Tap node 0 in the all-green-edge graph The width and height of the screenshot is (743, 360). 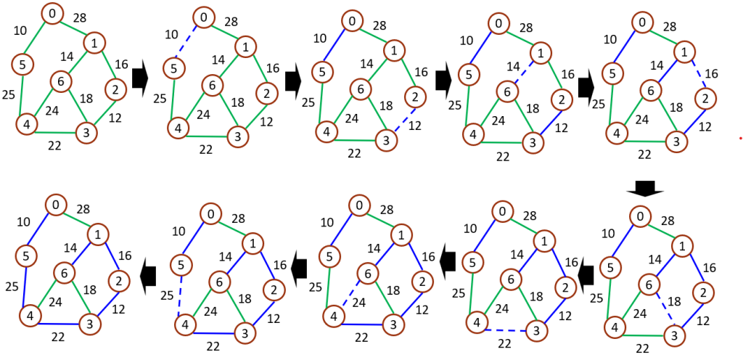pos(52,13)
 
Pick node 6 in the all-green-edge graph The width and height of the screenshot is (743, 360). pos(61,81)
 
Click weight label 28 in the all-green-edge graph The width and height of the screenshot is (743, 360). pos(80,17)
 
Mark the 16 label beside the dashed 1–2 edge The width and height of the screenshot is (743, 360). pos(711,73)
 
